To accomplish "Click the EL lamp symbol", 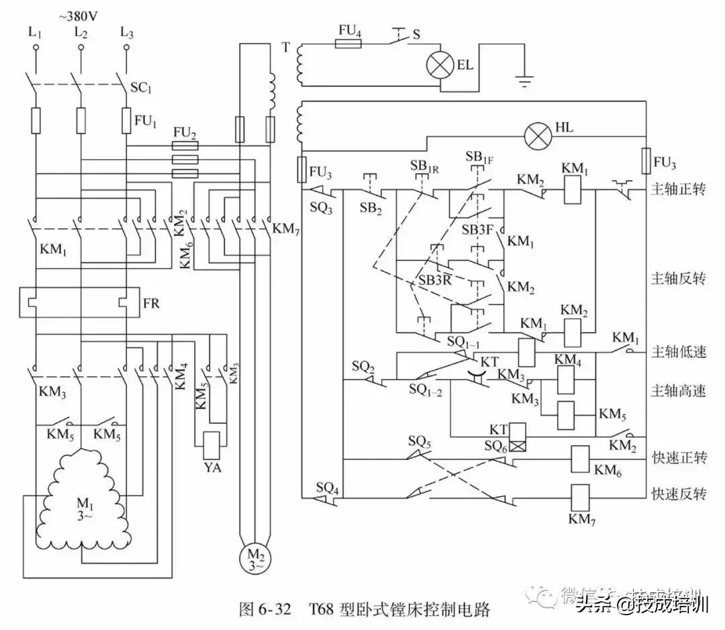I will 441,66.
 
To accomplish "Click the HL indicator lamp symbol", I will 536,137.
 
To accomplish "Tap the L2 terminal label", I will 81,31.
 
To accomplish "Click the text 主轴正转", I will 679,189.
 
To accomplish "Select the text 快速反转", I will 679,494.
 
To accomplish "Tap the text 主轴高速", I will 679,391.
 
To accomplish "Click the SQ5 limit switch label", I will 419,443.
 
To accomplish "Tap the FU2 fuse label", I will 185,132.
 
